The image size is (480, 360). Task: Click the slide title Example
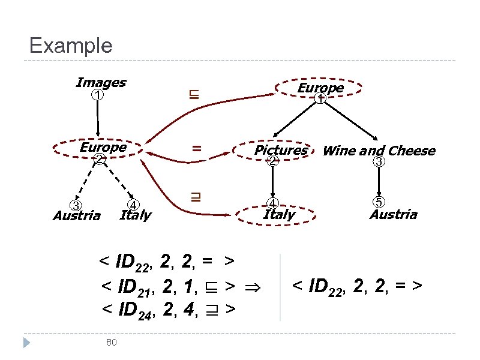click(x=70, y=46)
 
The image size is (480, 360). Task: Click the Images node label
click(x=101, y=82)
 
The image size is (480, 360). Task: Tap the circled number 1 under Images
click(x=97, y=95)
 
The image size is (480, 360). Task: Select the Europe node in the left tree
click(x=103, y=148)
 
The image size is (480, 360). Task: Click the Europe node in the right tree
click(x=320, y=88)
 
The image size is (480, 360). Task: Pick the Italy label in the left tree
click(x=136, y=215)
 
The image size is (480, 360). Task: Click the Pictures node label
click(x=280, y=150)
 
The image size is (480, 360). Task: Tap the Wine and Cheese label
click(x=379, y=151)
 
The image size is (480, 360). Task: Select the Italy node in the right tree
click(x=279, y=214)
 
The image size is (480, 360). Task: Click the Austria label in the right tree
click(x=393, y=214)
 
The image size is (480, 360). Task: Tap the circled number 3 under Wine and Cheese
click(x=379, y=161)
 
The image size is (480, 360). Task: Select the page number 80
click(x=110, y=342)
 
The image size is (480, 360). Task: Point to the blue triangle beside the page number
click(x=26, y=343)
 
